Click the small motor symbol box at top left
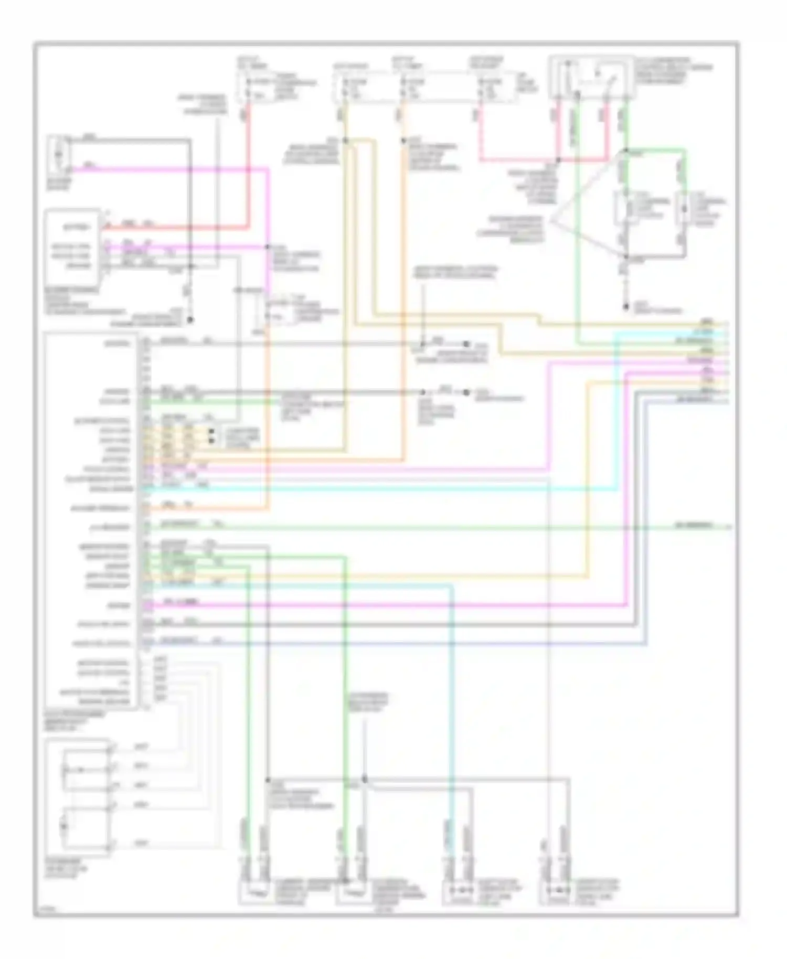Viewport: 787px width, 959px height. point(59,155)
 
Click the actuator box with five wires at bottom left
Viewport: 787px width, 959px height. point(78,797)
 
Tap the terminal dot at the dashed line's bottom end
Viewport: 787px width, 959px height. point(625,307)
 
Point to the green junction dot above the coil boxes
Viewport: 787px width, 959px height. point(625,152)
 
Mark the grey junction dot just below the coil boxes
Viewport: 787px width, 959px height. point(625,258)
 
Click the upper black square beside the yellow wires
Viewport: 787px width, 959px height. point(212,431)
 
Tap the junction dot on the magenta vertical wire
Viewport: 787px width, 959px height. point(267,247)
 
